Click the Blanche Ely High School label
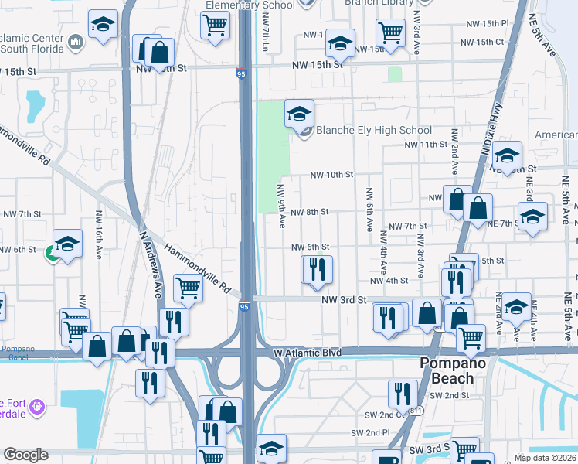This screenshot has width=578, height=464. pos(374,130)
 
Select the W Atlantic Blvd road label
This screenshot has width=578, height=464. pos(307,353)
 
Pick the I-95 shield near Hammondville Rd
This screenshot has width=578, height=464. pos(244,307)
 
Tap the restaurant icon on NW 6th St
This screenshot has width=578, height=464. pos(317,269)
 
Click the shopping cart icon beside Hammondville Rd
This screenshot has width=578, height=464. pos(189,288)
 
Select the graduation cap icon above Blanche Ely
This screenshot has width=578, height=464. pos(299,114)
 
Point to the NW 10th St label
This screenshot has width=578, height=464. pos(331,175)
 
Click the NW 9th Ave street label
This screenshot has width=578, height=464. pos(282,206)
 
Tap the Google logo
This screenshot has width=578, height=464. pos(25,455)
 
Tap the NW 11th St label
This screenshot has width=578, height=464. pos(427,145)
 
